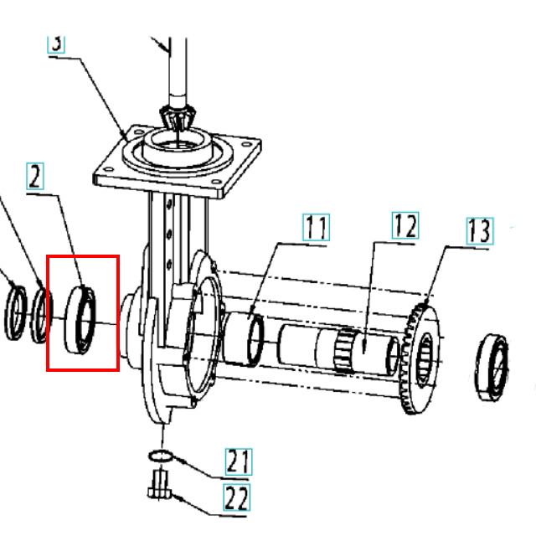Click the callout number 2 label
point(35,177)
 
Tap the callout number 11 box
point(317,227)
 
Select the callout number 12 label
point(405,225)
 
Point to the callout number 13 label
point(480,231)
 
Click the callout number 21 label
point(239,461)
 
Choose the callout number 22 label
point(237,497)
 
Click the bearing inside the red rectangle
point(80,320)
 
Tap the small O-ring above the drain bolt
point(160,456)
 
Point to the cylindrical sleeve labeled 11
point(243,339)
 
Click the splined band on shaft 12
point(345,349)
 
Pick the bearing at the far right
point(492,367)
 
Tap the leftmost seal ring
point(15,312)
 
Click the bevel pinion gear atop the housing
point(178,118)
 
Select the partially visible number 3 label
point(56,43)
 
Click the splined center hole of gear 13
point(425,359)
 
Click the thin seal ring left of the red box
point(42,315)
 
